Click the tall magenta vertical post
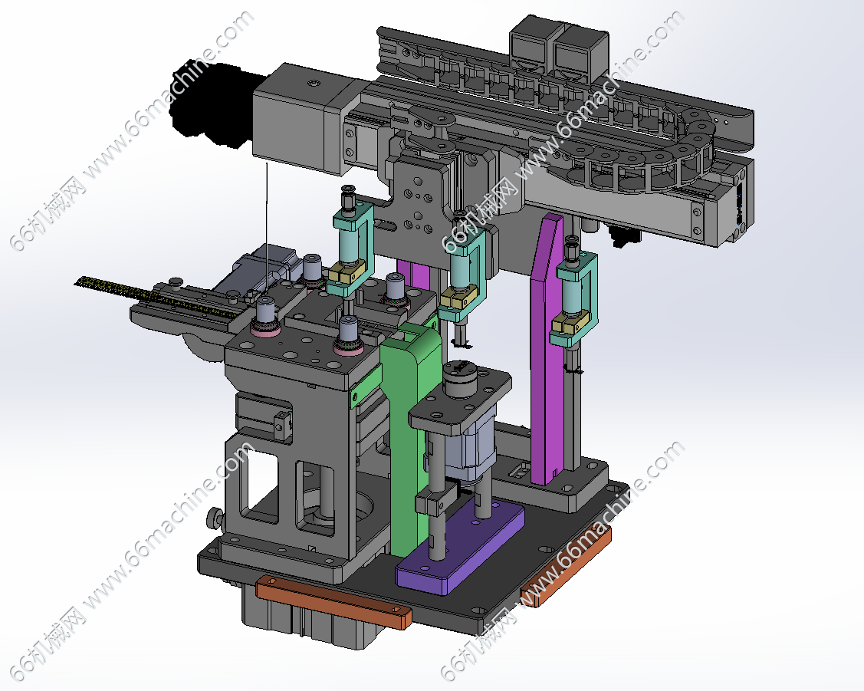(547, 350)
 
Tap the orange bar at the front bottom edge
(334, 602)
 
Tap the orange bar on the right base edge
(567, 567)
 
